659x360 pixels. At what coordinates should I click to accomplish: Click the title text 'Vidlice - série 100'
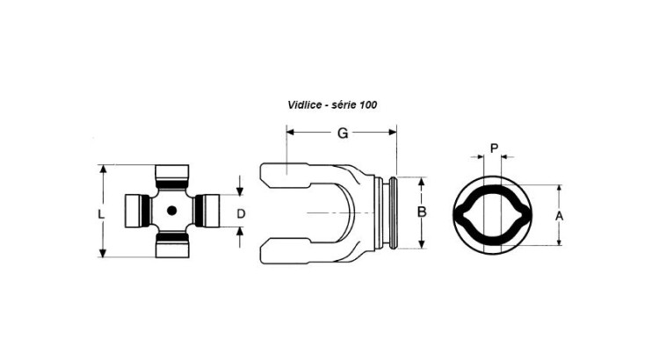pyautogui.click(x=332, y=104)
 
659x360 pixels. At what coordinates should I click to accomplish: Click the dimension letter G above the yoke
pyautogui.click(x=343, y=133)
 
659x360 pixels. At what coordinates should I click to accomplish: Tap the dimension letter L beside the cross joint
pyautogui.click(x=101, y=214)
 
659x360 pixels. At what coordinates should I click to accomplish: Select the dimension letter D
pyautogui.click(x=241, y=214)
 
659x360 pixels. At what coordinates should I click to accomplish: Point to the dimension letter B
pyautogui.click(x=422, y=212)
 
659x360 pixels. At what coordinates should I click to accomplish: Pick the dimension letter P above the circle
pyautogui.click(x=494, y=148)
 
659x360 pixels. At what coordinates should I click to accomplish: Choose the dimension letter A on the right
pyautogui.click(x=559, y=216)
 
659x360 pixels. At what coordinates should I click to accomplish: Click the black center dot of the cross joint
pyautogui.click(x=171, y=211)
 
